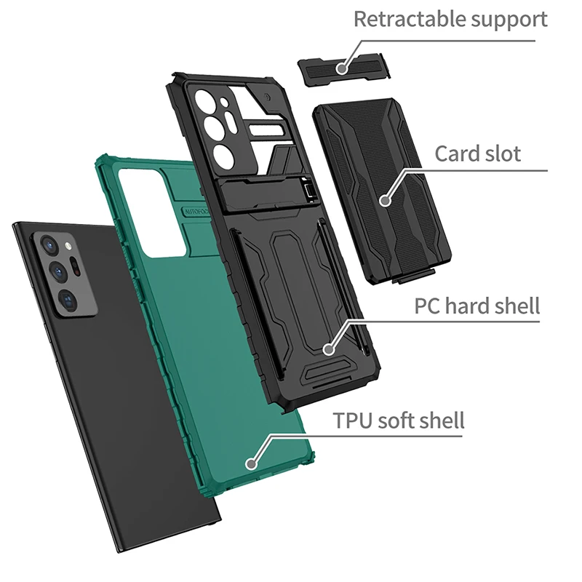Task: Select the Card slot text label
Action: tap(477, 154)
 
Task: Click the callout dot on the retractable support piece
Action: tap(341, 68)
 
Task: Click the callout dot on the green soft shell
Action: tap(252, 461)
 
